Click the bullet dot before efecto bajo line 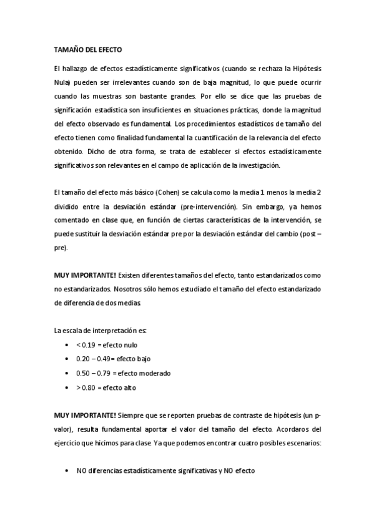67,359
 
